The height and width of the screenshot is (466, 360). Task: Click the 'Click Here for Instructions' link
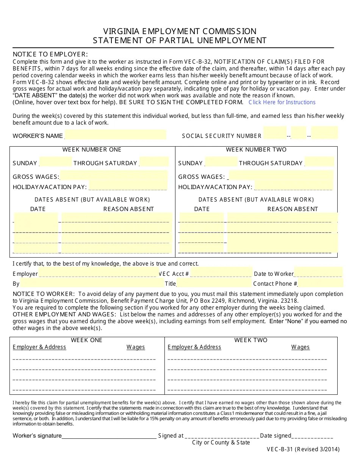point(282,102)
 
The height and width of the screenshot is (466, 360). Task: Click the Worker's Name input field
point(116,135)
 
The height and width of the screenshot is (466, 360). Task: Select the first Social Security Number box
point(275,133)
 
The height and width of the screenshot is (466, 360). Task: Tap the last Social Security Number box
point(324,133)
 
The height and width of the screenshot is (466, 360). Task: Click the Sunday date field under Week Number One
point(56,162)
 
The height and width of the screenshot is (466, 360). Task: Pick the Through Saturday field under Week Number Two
point(320,162)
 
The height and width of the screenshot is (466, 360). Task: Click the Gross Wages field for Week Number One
point(114,176)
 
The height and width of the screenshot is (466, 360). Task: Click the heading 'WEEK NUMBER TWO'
point(256,150)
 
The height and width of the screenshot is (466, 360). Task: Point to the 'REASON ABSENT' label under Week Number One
point(128,209)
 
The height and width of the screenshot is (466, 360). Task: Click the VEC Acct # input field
point(221,273)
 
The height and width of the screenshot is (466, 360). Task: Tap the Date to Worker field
point(318,273)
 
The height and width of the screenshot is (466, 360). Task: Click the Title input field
point(214,283)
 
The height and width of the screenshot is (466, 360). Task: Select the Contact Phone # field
point(321,283)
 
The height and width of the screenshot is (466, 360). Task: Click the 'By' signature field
point(92,283)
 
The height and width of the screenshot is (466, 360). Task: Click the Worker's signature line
point(109,436)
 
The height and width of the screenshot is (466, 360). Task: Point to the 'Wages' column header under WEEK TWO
point(300,347)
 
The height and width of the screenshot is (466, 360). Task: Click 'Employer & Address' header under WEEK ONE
point(39,347)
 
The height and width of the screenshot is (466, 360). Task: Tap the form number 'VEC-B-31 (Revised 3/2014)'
point(303,450)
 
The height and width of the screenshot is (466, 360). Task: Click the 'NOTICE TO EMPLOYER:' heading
point(50,54)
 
